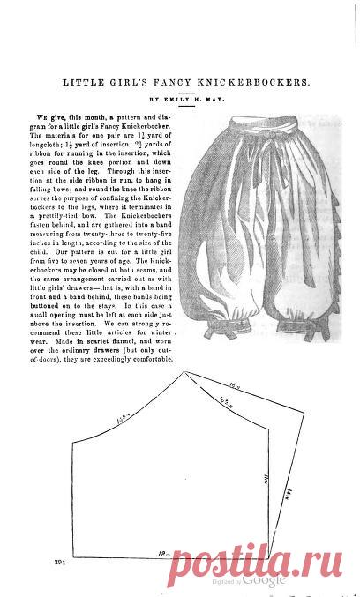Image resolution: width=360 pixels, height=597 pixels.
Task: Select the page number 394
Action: click(x=60, y=562)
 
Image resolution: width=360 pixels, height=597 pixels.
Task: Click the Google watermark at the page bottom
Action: click(x=264, y=580)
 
